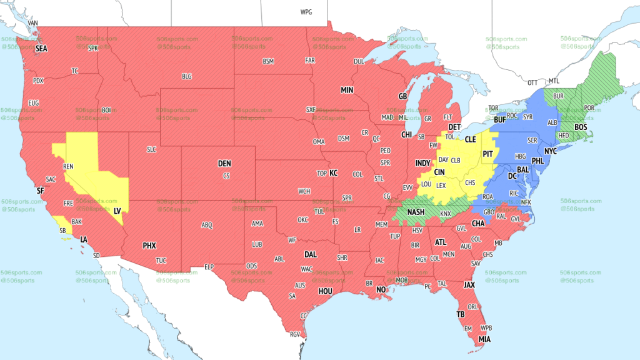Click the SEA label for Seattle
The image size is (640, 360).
(41, 48)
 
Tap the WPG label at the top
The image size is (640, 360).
(306, 12)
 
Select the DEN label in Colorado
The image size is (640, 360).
(224, 164)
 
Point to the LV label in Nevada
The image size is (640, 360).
(117, 211)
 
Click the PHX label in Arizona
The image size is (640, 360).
(149, 246)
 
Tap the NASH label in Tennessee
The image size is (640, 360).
(416, 212)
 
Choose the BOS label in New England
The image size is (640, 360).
(581, 127)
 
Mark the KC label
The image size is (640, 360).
(334, 172)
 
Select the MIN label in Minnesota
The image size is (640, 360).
(347, 91)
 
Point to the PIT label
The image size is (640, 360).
(487, 153)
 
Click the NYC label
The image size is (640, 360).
(551, 151)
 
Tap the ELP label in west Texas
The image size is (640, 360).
(209, 267)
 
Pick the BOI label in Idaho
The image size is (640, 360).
(106, 110)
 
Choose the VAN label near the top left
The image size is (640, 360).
(33, 23)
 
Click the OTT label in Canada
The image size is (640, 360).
(532, 82)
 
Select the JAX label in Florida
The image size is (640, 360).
(470, 284)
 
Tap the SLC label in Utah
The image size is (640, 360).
(152, 149)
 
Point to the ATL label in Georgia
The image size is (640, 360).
(441, 242)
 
